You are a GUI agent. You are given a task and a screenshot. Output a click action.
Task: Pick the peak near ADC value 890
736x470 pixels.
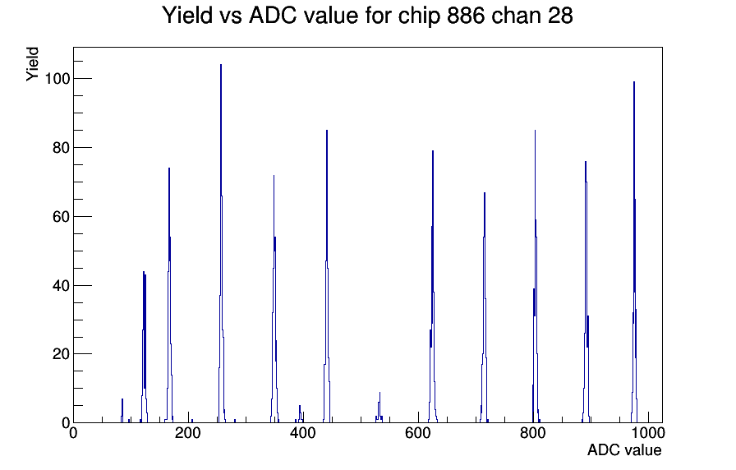pos(586,291)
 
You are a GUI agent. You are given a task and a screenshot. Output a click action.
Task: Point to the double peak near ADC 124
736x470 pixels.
pos(144,348)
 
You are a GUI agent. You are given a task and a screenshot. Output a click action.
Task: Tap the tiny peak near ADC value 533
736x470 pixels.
pos(379,408)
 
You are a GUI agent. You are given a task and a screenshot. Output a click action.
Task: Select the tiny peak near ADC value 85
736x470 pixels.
pos(122,412)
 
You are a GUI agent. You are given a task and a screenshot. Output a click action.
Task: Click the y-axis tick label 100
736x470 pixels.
pos(57,78)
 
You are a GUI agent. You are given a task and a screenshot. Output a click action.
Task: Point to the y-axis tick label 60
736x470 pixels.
pos(61,216)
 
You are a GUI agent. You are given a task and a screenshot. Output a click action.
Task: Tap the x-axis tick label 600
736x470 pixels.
pos(418,433)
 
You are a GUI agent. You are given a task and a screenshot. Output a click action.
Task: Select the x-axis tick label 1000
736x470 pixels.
pos(648,433)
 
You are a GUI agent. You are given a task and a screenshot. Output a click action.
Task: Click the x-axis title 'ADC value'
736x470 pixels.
pos(624,449)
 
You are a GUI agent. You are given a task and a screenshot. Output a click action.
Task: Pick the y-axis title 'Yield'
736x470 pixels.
pos(32,64)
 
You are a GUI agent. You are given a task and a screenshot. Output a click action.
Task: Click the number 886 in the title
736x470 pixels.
pos(466,16)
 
